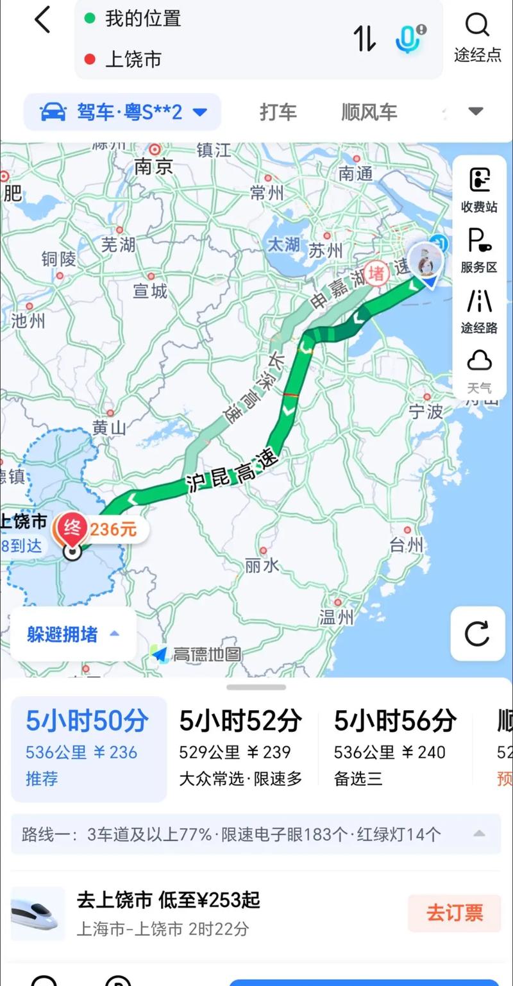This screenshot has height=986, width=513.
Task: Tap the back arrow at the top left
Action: (x=42, y=20)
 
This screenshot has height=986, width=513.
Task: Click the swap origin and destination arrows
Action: (x=365, y=38)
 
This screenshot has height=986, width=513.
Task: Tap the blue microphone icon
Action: (x=408, y=38)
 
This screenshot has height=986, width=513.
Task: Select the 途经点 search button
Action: (x=478, y=37)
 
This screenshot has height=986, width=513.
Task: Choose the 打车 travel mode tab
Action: (x=278, y=112)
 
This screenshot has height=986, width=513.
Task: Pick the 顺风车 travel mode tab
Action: (x=369, y=112)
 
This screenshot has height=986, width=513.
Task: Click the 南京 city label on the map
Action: (x=154, y=166)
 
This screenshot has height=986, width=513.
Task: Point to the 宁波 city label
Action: (x=426, y=411)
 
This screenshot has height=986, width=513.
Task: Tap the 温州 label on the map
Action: (x=337, y=616)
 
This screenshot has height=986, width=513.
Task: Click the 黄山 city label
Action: (x=109, y=427)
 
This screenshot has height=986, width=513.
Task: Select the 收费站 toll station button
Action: (x=479, y=189)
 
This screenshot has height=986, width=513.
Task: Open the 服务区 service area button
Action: (x=479, y=250)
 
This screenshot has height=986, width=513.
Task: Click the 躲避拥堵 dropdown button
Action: (x=72, y=634)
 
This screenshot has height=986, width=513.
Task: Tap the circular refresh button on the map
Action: (x=478, y=633)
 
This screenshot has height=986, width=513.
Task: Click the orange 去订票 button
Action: (x=454, y=913)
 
